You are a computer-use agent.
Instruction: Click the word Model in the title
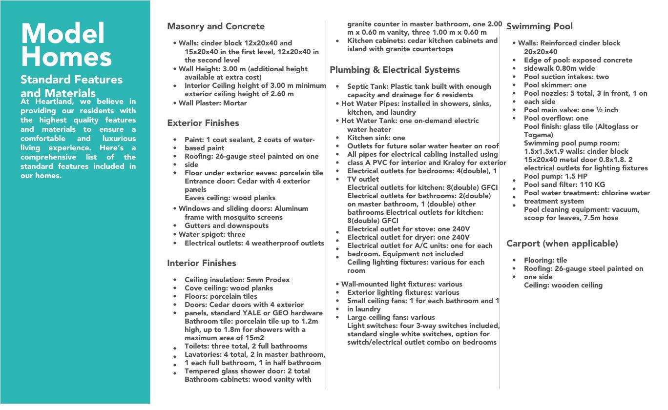coord(63,34)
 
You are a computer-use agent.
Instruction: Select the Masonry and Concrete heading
coord(215,26)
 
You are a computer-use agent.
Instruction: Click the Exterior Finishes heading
coord(203,123)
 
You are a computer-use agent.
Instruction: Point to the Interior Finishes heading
coord(201,263)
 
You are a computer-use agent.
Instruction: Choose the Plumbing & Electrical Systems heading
coord(395,70)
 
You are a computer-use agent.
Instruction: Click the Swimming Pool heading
coord(539,26)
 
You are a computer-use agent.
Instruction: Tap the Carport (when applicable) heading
coord(562,244)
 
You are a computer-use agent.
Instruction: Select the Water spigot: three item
coord(211,234)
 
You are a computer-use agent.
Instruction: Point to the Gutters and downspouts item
coord(226,225)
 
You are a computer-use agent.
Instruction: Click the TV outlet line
coord(363,179)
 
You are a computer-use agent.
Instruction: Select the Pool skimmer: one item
coord(555,85)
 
